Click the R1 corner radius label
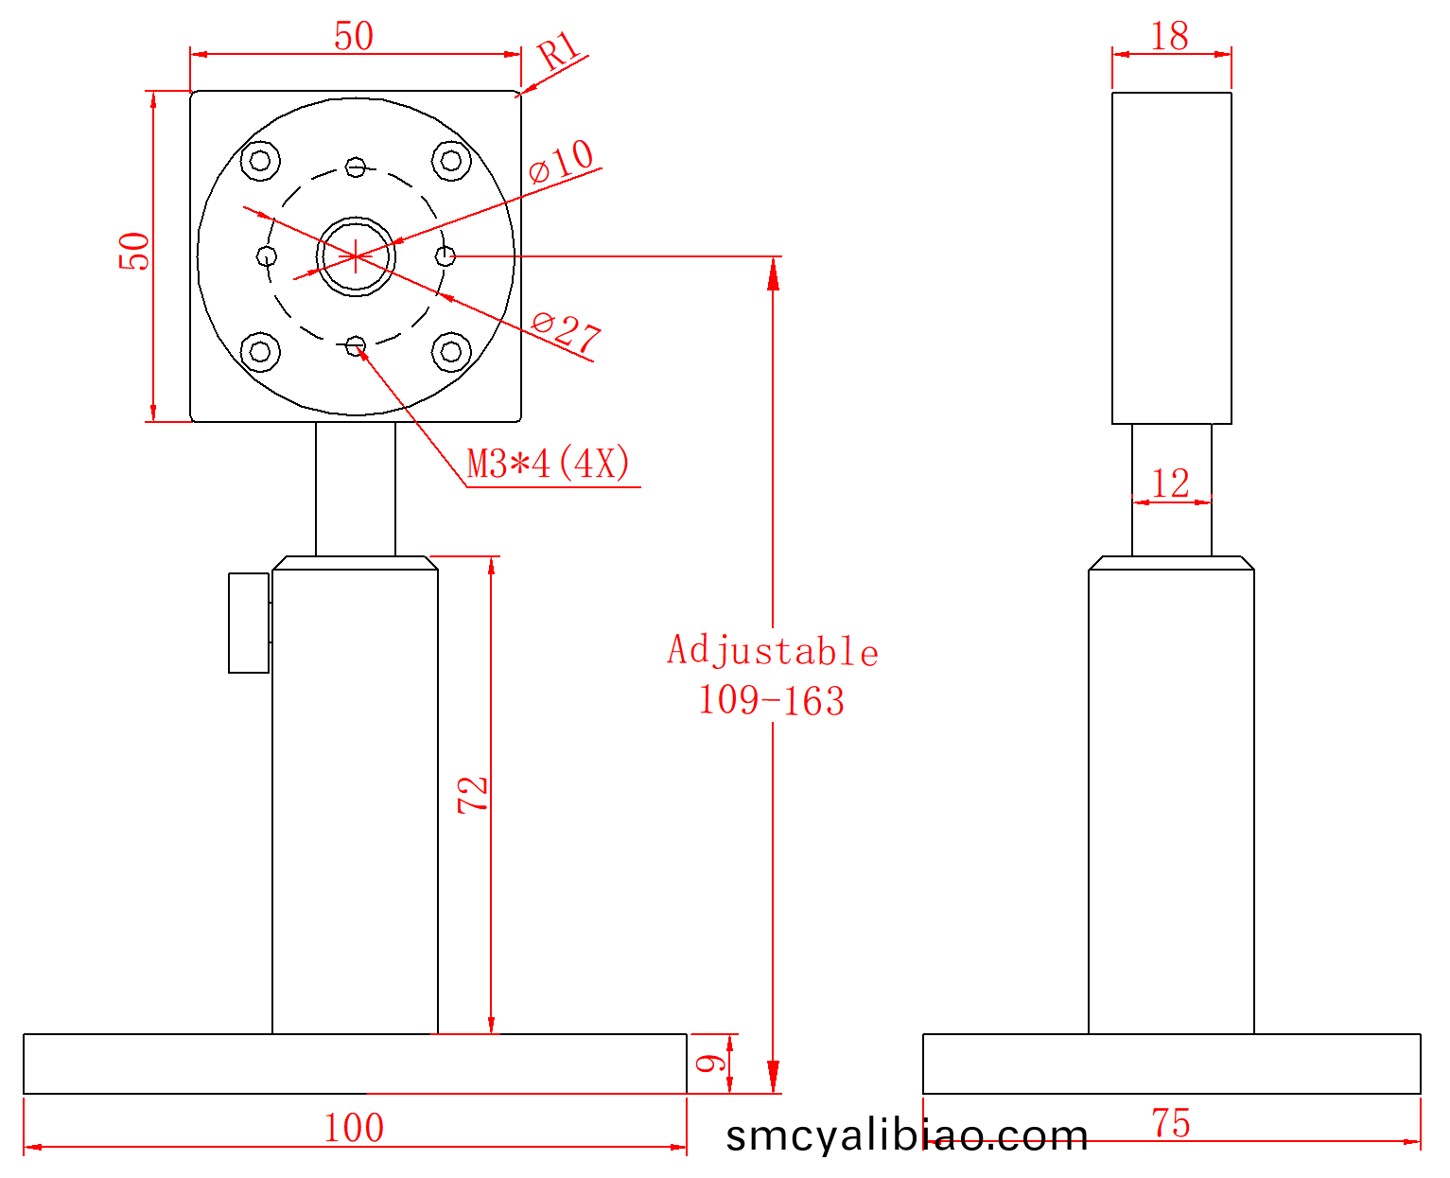point(558,50)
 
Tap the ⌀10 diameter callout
point(561,161)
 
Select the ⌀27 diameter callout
point(566,331)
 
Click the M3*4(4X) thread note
point(548,463)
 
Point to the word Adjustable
point(773,650)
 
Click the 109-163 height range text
point(771,701)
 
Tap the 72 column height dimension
point(472,795)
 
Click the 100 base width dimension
point(354,1128)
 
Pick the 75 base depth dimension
point(1171,1123)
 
